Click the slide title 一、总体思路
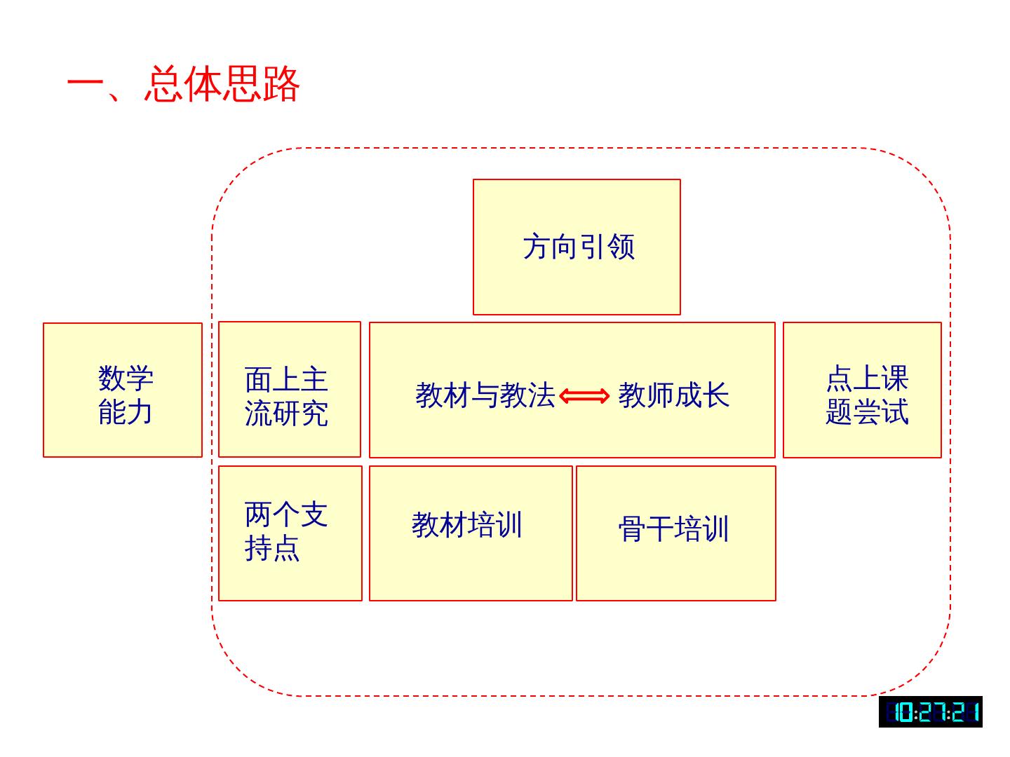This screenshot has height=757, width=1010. point(184,85)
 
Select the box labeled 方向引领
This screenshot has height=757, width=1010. point(577,247)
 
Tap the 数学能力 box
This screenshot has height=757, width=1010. point(123,390)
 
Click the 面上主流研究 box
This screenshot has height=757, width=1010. point(289,390)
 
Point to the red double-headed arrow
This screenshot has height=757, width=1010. point(584,396)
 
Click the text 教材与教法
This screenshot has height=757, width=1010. point(485,395)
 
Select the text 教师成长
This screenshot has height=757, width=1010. point(673,395)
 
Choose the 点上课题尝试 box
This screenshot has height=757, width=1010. point(862,390)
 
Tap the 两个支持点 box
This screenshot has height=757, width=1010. point(290,533)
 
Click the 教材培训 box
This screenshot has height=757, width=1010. point(470,533)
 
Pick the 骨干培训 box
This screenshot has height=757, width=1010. point(675,533)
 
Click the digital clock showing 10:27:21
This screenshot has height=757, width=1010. point(930,712)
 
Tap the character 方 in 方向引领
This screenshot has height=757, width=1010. point(537,247)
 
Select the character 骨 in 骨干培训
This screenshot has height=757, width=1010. point(632,529)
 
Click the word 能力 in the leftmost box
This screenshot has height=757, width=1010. point(126,412)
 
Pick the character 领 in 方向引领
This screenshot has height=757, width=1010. point(621,247)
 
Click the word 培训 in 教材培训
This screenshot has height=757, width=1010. point(495,525)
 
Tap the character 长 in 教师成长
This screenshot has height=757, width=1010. point(716,395)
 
